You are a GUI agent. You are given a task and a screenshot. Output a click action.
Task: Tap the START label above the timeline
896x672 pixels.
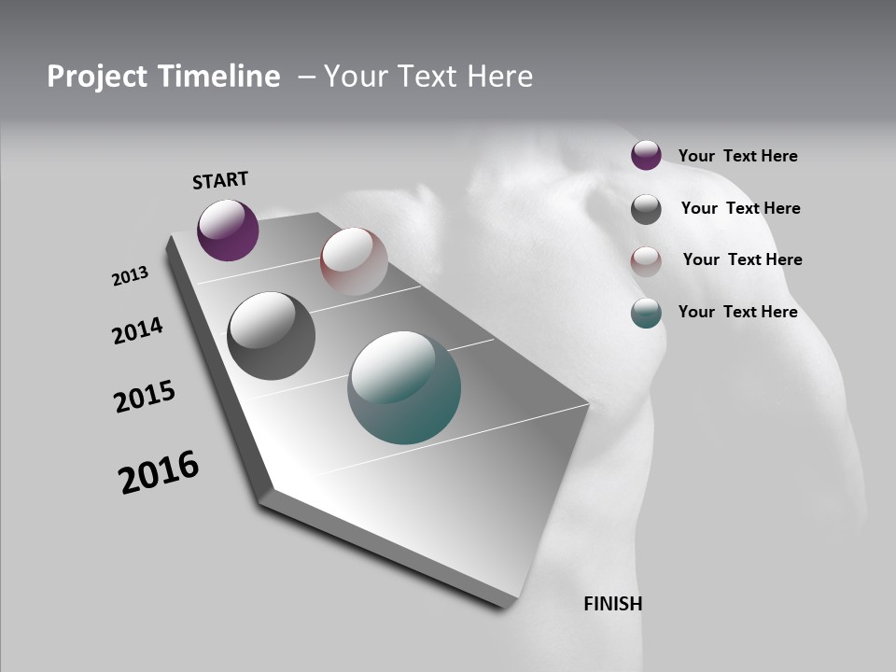tap(220, 180)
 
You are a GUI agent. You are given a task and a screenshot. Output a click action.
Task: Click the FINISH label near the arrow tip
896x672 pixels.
tap(613, 604)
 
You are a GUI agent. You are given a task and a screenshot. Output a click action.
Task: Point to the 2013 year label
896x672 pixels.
tap(130, 276)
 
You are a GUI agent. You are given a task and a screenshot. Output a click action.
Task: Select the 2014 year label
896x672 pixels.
tap(137, 330)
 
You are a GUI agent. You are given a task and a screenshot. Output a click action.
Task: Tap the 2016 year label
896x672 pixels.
tap(159, 472)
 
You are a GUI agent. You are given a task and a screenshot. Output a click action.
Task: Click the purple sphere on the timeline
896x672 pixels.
tap(228, 230)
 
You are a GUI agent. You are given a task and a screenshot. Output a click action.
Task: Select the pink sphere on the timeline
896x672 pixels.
tap(354, 261)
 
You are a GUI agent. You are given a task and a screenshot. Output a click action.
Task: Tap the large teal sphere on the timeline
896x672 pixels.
tap(404, 387)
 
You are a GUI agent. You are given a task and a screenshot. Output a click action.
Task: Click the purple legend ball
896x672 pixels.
tap(646, 155)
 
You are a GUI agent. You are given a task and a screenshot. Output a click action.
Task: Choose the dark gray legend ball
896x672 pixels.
tap(646, 208)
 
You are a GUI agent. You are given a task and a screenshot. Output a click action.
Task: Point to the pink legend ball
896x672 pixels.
tap(646, 260)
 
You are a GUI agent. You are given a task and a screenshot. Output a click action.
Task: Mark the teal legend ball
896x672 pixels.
tap(646, 313)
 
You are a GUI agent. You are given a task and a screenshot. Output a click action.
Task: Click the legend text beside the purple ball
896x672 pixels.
tap(737, 156)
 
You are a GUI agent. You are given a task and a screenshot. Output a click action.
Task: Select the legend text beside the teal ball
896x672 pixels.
tap(737, 312)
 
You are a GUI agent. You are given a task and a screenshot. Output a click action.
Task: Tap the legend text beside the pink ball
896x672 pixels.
tap(742, 259)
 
